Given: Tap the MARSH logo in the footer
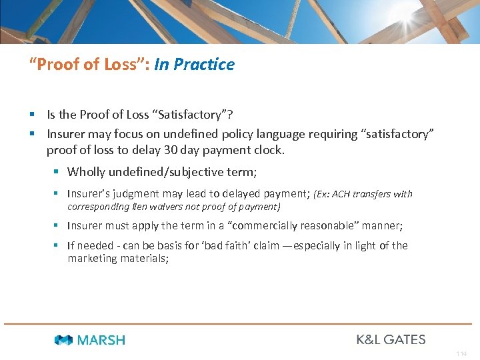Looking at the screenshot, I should pyautogui.click(x=90, y=340).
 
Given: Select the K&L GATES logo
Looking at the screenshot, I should pyautogui.click(x=391, y=339).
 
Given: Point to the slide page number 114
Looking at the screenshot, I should pyautogui.click(x=462, y=354).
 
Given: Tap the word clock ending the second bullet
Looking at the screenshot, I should pyautogui.click(x=269, y=150).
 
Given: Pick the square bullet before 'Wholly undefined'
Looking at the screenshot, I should pyautogui.click(x=57, y=172).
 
